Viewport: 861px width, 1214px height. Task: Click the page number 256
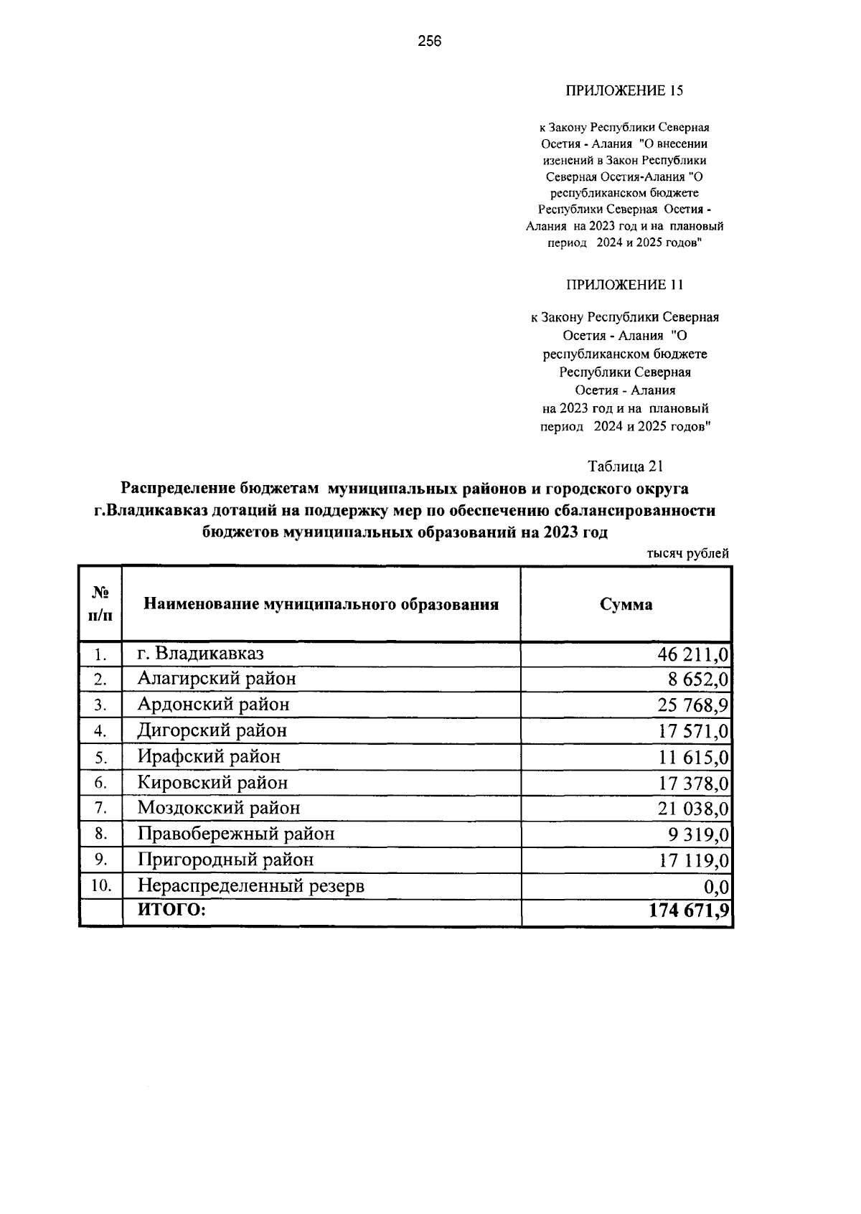click(x=430, y=42)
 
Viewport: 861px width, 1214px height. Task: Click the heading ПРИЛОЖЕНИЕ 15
click(x=625, y=91)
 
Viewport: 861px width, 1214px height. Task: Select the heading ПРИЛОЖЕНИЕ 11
click(x=625, y=285)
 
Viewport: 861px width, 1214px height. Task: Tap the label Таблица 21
click(x=625, y=466)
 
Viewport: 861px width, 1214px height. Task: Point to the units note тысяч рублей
click(x=687, y=553)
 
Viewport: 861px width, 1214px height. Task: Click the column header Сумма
click(x=626, y=604)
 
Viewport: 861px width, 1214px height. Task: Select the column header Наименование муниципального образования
click(x=321, y=604)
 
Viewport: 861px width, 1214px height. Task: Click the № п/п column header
click(x=101, y=604)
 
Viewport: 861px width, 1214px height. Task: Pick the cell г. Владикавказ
click(x=201, y=654)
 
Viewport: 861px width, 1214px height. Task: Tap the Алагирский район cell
click(x=217, y=679)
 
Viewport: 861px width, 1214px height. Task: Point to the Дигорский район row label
click(x=212, y=730)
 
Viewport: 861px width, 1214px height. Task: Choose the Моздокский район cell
click(x=219, y=808)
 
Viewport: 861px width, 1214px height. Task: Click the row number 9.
click(x=101, y=860)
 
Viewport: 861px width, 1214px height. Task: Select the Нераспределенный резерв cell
click(x=251, y=886)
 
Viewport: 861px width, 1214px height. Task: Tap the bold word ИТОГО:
click(x=171, y=910)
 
